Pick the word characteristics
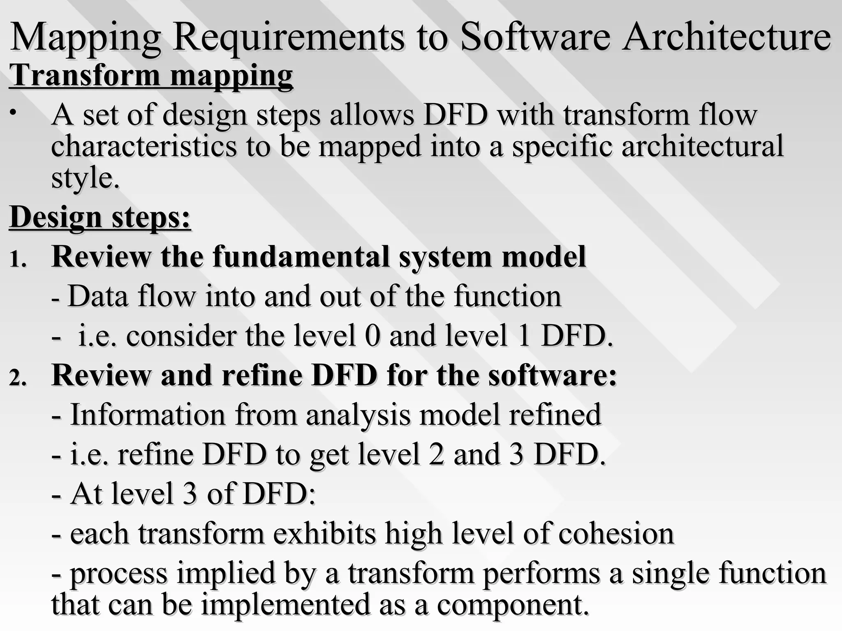tap(144, 146)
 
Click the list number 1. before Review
tap(18, 260)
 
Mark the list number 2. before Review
tap(18, 378)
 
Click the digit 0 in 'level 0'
tap(372, 336)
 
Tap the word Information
tap(148, 415)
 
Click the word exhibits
tap(324, 534)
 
